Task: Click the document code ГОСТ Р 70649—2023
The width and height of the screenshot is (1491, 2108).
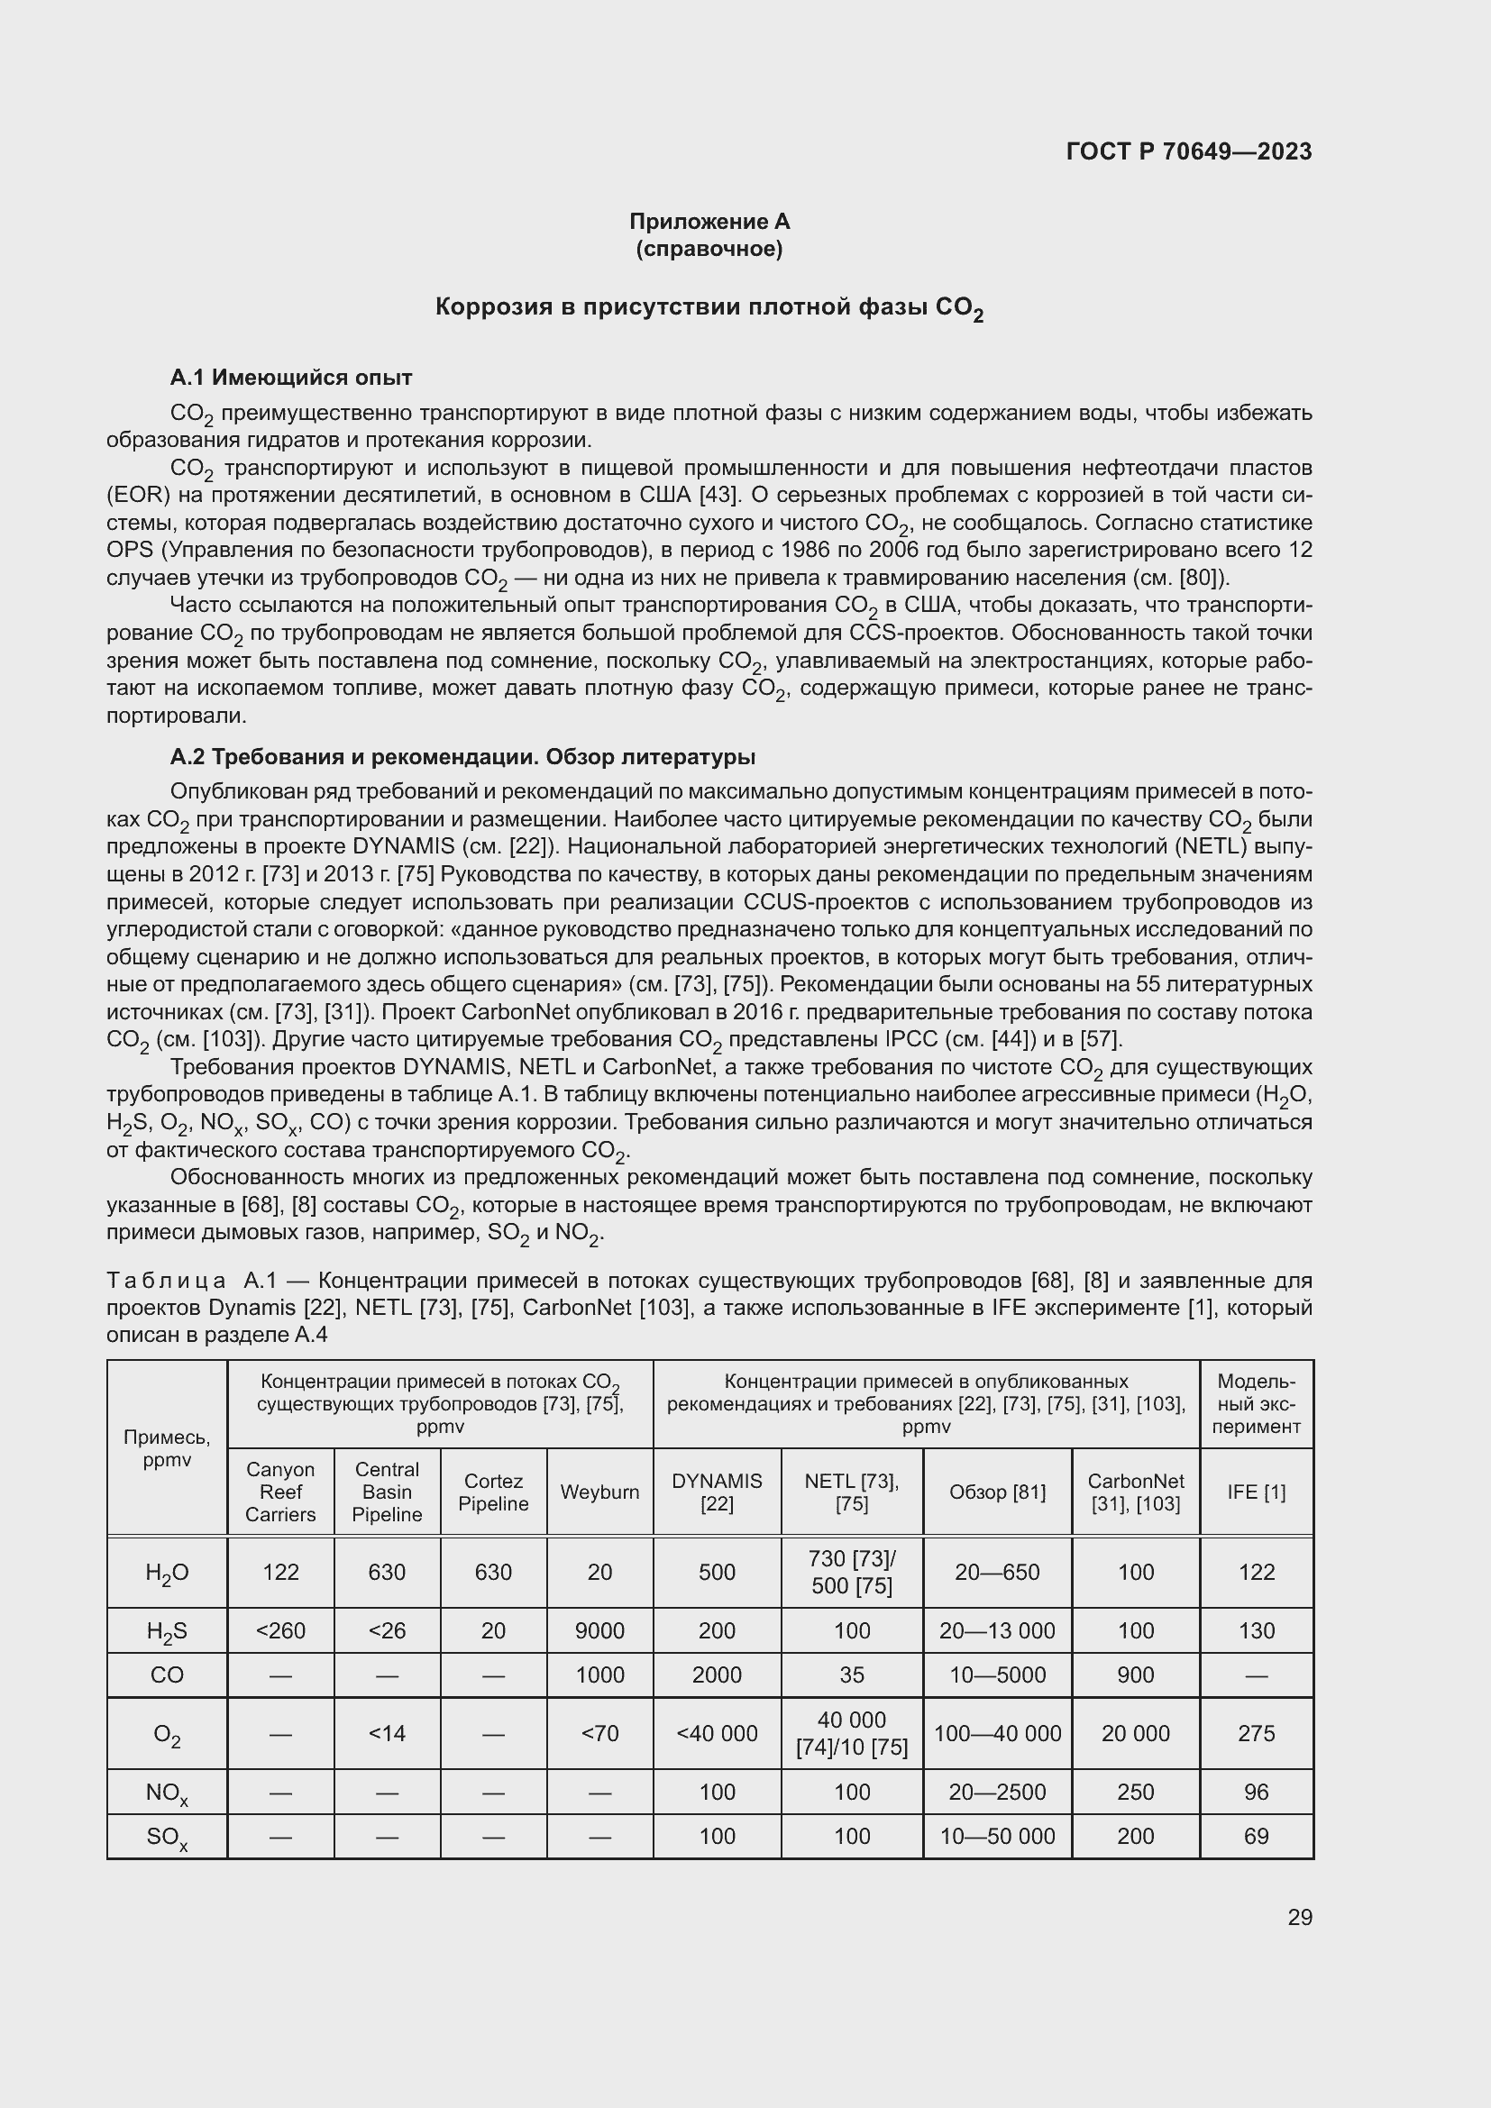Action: tap(1189, 151)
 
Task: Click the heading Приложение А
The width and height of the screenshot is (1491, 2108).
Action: tap(709, 222)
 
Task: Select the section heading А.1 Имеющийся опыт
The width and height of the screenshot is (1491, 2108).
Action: tap(291, 378)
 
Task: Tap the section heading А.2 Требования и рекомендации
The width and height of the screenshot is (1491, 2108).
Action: tap(462, 756)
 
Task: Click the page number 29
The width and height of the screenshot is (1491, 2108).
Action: tap(1299, 1917)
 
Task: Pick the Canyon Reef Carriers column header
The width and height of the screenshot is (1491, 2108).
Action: tap(280, 1492)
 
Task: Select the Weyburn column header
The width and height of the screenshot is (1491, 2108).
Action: tap(599, 1492)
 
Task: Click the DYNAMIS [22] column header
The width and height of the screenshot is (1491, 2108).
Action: tap(716, 1492)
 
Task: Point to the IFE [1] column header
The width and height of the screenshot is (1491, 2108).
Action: tap(1256, 1492)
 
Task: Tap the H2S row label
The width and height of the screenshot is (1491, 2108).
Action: tap(166, 1631)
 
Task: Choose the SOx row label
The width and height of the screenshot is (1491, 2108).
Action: tap(166, 1837)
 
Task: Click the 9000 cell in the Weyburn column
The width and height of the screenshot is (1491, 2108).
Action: tap(599, 1630)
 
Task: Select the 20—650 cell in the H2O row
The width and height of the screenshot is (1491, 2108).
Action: tap(997, 1572)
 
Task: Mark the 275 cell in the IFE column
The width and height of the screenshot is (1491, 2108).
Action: tap(1256, 1733)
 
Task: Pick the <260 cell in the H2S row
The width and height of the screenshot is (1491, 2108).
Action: tap(280, 1630)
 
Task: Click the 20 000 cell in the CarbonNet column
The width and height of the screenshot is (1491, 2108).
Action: tap(1136, 1733)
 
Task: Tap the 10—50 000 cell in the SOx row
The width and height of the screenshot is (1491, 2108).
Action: tap(997, 1836)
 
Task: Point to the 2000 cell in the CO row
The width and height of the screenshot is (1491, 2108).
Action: tap(716, 1675)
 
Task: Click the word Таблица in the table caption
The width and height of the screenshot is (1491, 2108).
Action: tap(166, 1281)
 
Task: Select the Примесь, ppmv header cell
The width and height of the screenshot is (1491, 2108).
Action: tap(166, 1449)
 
